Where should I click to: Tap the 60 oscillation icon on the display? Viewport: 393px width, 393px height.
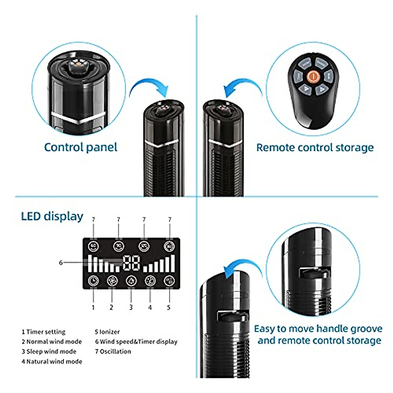[94, 246]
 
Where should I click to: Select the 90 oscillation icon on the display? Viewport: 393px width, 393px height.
[118, 246]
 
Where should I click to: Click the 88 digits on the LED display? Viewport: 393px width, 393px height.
[131, 263]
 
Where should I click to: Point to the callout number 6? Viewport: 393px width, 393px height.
[61, 262]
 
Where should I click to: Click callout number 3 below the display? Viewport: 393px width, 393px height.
[131, 307]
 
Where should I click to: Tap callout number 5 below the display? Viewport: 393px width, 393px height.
[169, 307]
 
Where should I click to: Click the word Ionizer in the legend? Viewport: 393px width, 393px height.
[109, 332]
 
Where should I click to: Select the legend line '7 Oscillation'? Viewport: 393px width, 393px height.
[113, 351]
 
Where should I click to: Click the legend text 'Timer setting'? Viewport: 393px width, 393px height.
[46, 332]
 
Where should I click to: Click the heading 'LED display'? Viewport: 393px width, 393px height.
[52, 216]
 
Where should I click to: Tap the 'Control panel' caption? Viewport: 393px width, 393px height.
[81, 147]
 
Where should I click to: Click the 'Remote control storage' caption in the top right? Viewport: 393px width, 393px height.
[315, 147]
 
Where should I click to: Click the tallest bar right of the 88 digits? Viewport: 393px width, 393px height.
[173, 263]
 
